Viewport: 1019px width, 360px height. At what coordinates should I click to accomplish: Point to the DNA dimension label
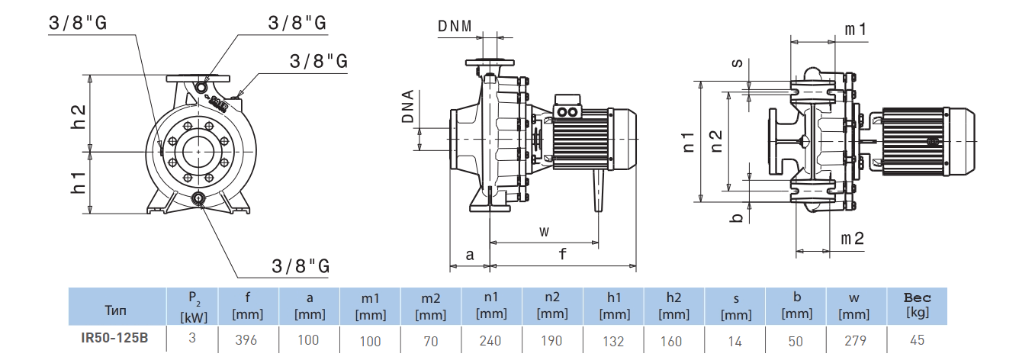[408, 108]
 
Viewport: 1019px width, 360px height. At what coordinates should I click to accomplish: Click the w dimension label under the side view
[544, 230]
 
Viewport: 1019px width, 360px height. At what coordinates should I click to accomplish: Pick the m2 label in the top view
[852, 238]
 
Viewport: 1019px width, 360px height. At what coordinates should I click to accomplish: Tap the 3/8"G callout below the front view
[301, 265]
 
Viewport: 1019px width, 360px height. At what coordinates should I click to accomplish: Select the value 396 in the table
[248, 340]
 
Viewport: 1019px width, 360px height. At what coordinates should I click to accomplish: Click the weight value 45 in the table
[918, 340]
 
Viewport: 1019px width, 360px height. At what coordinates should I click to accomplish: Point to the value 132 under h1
[612, 340]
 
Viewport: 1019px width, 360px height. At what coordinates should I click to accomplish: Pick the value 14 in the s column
[735, 340]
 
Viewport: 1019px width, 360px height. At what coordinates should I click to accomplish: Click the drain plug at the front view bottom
[199, 199]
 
